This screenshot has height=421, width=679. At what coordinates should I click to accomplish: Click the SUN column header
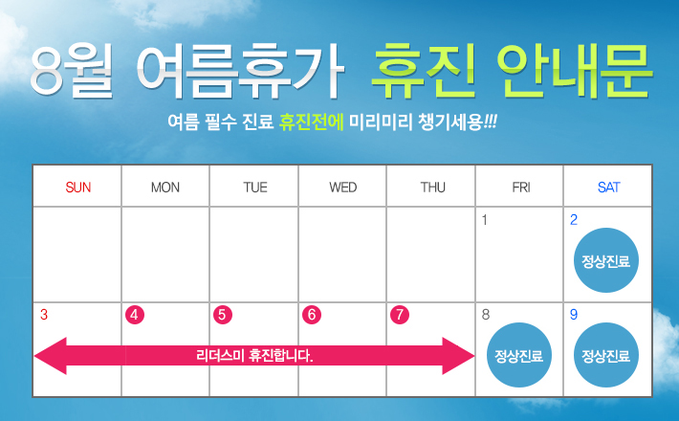(x=78, y=188)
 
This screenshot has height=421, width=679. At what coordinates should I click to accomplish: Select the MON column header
(x=165, y=188)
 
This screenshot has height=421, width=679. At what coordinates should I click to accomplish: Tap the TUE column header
(x=255, y=188)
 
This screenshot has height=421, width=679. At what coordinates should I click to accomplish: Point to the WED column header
(x=343, y=188)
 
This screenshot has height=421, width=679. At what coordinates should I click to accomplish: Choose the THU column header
(x=432, y=188)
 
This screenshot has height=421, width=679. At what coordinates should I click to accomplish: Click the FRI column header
(x=521, y=188)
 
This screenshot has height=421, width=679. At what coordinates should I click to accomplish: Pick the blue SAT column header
(x=608, y=188)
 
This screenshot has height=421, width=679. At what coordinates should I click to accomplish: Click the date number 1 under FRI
(x=485, y=220)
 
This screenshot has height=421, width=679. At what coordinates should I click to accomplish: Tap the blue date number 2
(x=574, y=220)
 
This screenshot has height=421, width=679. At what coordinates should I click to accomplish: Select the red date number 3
(x=44, y=315)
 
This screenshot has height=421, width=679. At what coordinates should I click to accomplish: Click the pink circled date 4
(x=135, y=315)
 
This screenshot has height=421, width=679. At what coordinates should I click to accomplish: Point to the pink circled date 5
(x=223, y=315)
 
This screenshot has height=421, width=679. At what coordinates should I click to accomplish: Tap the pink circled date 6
(x=312, y=315)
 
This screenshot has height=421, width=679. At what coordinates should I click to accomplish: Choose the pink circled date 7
(x=400, y=315)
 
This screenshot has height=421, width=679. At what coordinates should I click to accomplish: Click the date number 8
(x=486, y=315)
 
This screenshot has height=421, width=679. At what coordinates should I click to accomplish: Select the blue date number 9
(x=574, y=315)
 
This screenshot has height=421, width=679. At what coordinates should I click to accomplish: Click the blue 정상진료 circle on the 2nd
(x=605, y=260)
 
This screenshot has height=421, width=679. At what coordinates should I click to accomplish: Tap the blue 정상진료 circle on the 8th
(x=519, y=355)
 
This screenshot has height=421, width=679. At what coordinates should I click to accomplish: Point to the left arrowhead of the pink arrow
(x=51, y=356)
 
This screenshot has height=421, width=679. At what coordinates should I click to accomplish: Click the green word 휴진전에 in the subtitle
(x=312, y=122)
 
